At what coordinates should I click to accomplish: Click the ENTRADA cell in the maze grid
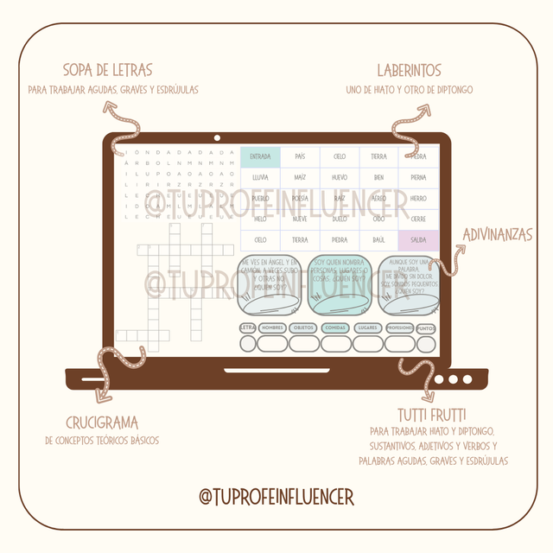pos(260,156)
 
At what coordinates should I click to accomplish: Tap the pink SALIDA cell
pos(418,240)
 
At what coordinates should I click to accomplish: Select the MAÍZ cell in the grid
pos(300,177)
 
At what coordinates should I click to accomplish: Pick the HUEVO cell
pos(340,177)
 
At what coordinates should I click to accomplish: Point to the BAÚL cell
pos(378,240)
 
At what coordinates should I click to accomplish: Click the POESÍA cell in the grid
pos(300,198)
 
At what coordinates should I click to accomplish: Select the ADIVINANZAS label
pos(497,234)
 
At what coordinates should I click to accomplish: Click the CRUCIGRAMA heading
pos(102,423)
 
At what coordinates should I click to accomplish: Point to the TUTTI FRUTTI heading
pos(431,414)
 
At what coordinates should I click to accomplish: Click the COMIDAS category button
pos(335,328)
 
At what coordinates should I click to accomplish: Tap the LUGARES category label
pos(367,328)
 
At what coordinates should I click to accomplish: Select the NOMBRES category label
pos(272,328)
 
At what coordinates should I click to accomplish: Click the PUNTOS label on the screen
pos(425,328)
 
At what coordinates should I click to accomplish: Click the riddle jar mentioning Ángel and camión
pos(269,286)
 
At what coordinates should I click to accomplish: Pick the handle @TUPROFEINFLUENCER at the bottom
pos(276,497)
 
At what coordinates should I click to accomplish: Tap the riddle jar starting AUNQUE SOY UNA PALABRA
pos(411,286)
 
